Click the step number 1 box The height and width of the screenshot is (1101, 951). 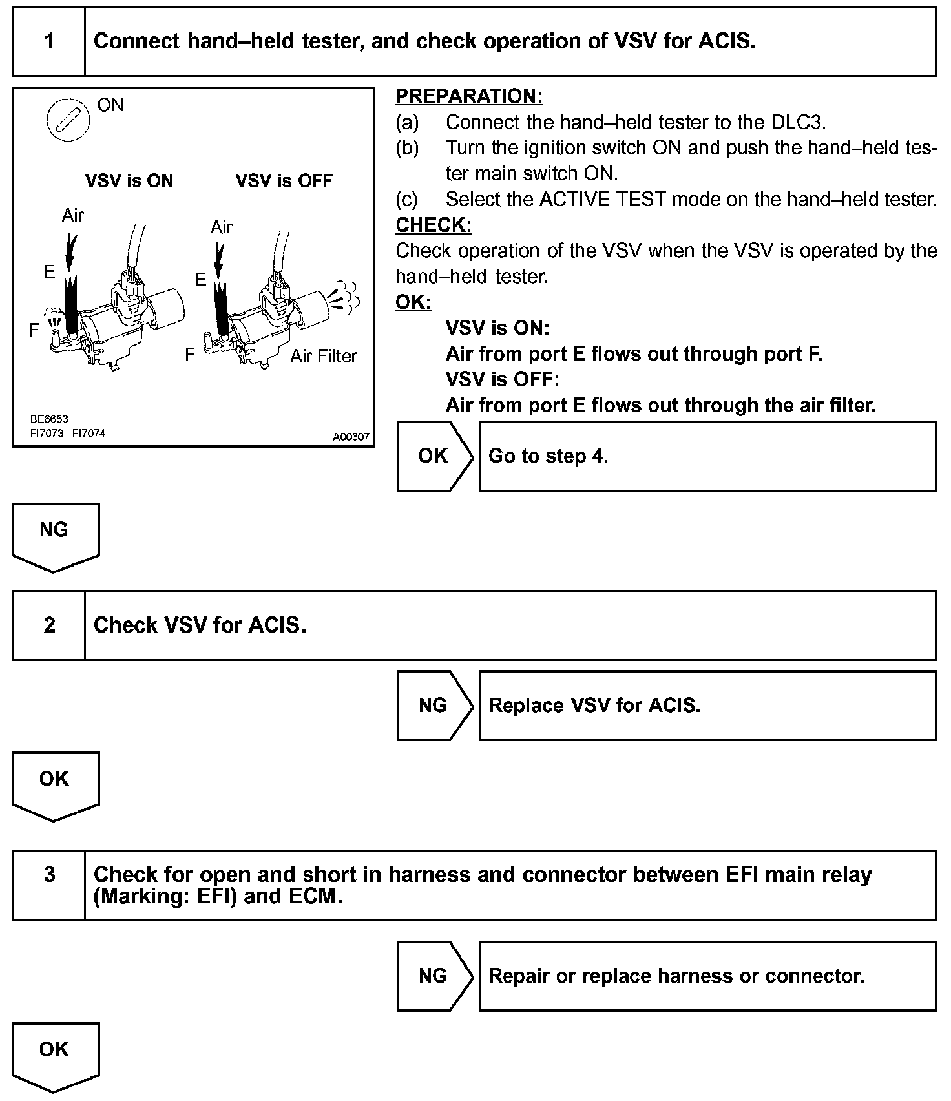pos(49,42)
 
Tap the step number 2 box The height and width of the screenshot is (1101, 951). pos(49,625)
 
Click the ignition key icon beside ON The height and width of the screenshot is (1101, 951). pos(67,120)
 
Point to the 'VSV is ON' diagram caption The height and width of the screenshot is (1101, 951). pos(129,180)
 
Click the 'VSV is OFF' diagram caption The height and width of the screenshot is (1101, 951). pos(284,180)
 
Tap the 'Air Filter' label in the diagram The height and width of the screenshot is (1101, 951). pos(323,356)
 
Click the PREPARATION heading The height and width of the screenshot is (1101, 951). pos(468,96)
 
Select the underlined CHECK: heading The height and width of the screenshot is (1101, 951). pos(434,225)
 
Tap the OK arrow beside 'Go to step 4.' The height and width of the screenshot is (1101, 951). pos(434,456)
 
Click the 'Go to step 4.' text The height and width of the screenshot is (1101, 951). pos(548,456)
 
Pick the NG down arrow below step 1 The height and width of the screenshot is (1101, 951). pos(55,534)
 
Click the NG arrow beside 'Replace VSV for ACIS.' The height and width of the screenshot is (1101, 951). pos(434,706)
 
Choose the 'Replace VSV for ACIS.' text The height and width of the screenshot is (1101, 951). pos(594,706)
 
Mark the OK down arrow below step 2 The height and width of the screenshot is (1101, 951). pos(55,783)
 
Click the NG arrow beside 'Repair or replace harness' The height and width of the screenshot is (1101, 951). pos(434,976)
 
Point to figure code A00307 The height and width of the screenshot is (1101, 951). pos(351,437)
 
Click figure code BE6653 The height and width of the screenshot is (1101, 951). pos(49,419)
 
